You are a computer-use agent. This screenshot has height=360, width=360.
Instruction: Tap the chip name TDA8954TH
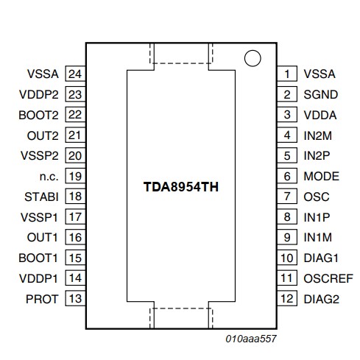click(x=181, y=187)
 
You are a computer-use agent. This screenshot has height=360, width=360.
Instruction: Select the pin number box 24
click(x=75, y=74)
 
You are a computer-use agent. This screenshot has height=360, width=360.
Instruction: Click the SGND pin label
click(x=321, y=94)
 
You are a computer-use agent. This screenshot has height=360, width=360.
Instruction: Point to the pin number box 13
click(x=75, y=298)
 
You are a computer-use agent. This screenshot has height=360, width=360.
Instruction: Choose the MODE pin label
click(x=322, y=176)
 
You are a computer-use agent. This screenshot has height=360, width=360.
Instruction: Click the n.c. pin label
click(x=49, y=177)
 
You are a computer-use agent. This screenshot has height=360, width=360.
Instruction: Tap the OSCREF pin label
click(x=328, y=278)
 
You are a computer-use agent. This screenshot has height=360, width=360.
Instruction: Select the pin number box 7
click(x=287, y=197)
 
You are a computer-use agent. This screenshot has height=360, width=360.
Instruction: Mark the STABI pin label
click(x=41, y=197)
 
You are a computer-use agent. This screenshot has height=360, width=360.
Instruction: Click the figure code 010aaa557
click(x=251, y=339)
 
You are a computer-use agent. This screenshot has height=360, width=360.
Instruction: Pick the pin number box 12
click(x=287, y=298)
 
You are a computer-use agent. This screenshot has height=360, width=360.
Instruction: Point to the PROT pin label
click(x=42, y=299)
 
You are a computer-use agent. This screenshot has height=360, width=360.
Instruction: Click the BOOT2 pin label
click(x=38, y=115)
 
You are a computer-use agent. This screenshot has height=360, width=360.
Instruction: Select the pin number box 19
click(x=75, y=176)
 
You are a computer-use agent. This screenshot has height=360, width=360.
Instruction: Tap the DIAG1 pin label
click(x=321, y=258)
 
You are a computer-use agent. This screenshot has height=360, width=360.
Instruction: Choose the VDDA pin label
click(x=320, y=115)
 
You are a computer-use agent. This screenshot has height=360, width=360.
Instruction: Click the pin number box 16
click(x=75, y=237)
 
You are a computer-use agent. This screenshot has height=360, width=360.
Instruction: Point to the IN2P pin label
click(x=317, y=155)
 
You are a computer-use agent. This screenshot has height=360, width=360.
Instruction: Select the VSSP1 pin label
click(x=39, y=217)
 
